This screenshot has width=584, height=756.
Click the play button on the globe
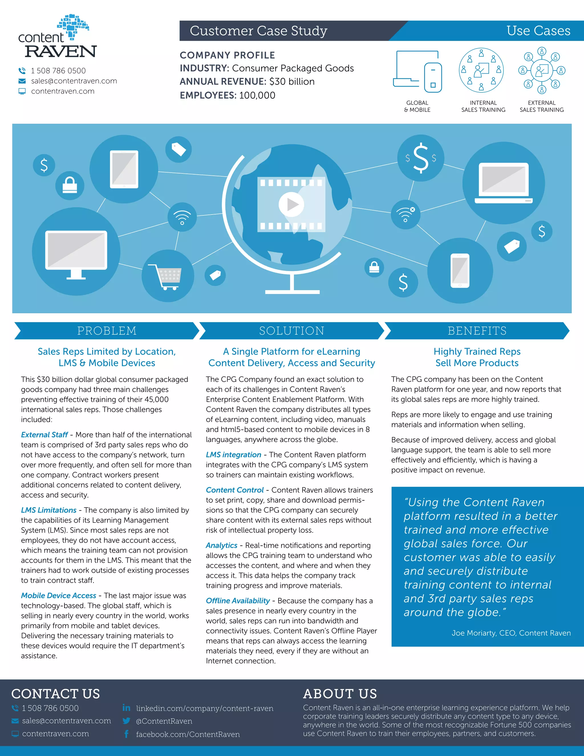[291, 204]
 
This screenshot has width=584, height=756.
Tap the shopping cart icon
[168, 276]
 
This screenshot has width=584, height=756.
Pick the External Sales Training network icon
[542, 70]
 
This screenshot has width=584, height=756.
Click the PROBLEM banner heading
[107, 331]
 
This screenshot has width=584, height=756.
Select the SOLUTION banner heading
[292, 331]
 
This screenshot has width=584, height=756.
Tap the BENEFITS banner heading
[477, 331]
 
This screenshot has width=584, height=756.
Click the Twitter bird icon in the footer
[126, 721]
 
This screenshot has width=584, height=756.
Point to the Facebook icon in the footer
[126, 734]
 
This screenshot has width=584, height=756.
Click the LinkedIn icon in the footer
[126, 708]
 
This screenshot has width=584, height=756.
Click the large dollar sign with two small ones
[421, 158]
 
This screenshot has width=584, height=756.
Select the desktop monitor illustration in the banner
[76, 252]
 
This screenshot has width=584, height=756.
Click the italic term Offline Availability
[238, 601]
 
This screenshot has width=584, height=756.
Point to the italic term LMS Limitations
[48, 510]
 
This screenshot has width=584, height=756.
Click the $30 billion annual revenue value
[292, 82]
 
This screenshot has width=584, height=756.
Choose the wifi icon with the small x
[405, 214]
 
